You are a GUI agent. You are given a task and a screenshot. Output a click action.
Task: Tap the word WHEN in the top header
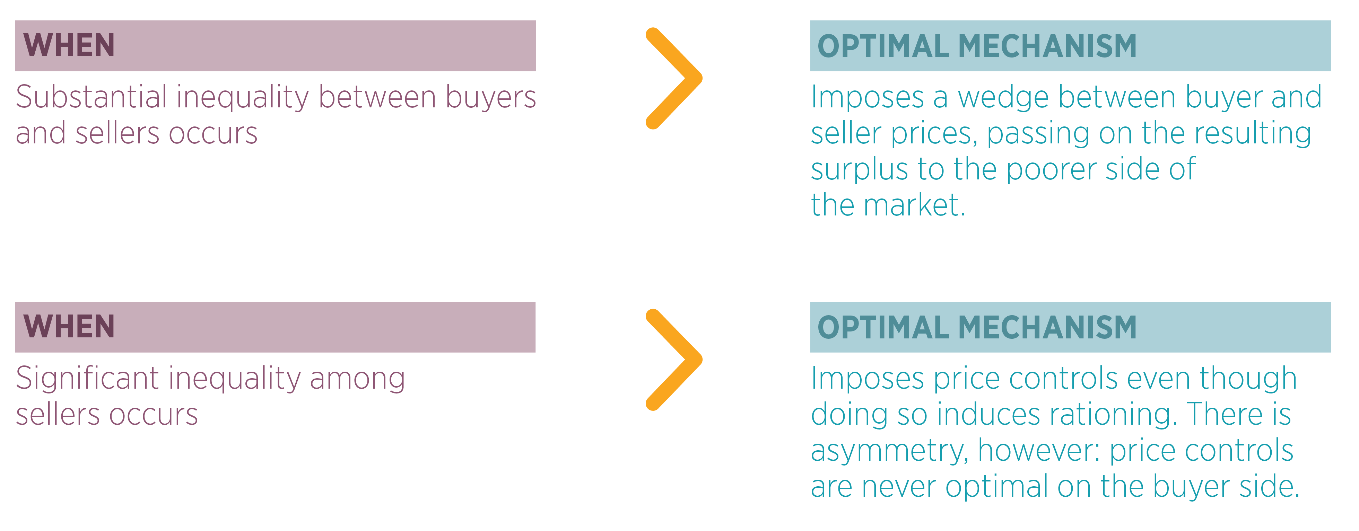coord(69,45)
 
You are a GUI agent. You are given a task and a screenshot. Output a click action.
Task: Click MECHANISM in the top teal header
coord(1047,46)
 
